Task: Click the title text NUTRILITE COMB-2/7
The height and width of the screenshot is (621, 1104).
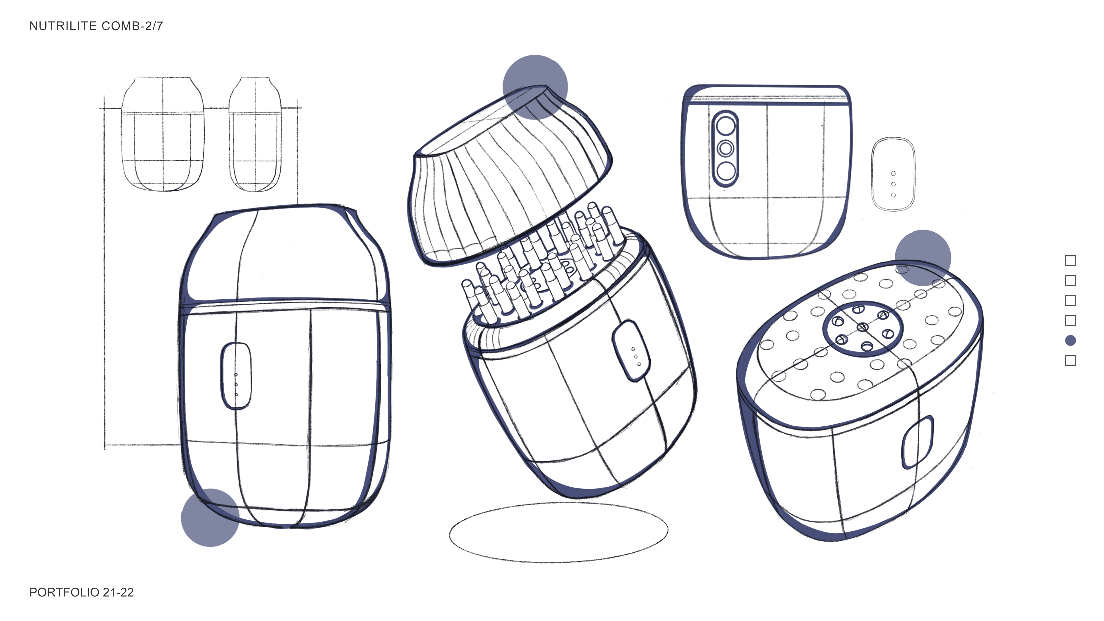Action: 96,26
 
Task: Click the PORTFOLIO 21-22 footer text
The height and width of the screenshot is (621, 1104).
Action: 81,592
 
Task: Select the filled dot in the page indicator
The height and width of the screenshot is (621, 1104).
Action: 1070,340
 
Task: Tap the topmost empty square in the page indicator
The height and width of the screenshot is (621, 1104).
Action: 1070,261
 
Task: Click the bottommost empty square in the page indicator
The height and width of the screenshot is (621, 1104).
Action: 1070,360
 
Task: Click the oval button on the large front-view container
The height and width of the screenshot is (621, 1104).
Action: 236,376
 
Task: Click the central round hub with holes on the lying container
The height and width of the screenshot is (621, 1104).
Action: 862,329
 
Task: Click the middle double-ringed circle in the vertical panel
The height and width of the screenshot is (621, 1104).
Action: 725,148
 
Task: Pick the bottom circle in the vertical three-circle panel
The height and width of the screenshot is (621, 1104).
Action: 725,171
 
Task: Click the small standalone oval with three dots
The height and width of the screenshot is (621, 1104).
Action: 893,174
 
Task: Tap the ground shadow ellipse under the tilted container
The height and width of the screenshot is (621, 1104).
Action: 558,533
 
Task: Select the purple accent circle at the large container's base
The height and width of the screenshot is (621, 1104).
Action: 210,518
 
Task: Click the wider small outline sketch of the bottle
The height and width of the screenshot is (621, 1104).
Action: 162,134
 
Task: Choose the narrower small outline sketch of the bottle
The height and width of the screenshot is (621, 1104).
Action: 255,134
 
